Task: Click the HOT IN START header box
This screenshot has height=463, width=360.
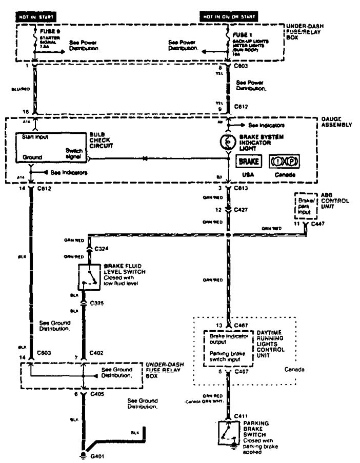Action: pos(36,17)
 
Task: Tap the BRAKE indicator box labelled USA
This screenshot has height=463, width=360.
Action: pos(248,162)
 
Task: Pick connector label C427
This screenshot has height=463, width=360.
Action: pos(241,209)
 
